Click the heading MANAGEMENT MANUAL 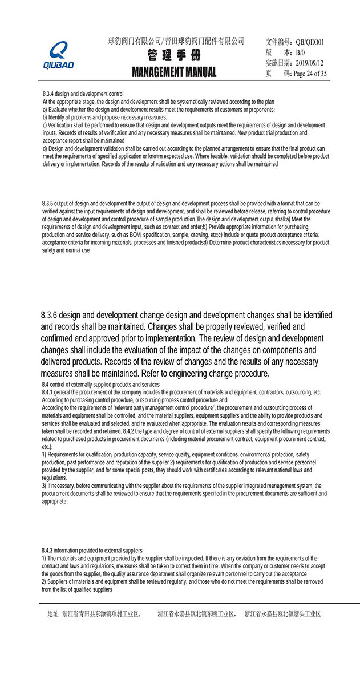click(174, 72)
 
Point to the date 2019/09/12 click(311, 63)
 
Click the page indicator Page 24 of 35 click(309, 74)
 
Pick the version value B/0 click(301, 52)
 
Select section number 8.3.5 click(48, 204)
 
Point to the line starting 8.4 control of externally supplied click(100, 385)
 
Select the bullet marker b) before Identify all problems click(45, 117)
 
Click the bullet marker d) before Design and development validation click(45, 149)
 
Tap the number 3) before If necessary click(45, 486)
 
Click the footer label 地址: click(53, 614)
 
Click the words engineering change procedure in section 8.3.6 click(219, 374)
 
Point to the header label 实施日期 click(278, 63)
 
